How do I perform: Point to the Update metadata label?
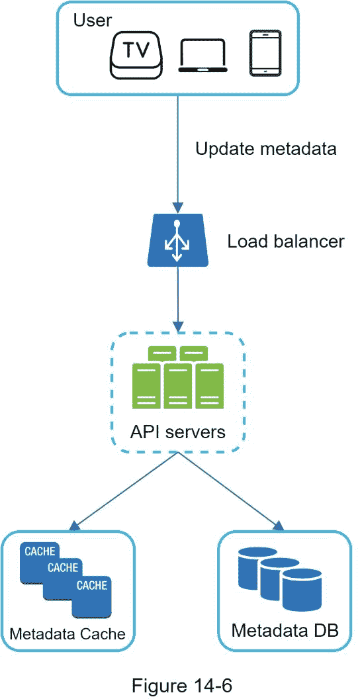[265, 148]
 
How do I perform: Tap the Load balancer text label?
[286, 242]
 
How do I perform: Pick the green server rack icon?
[178, 379]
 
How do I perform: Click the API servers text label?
[178, 432]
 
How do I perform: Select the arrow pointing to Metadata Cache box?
[126, 490]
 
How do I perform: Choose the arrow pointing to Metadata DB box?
[231, 490]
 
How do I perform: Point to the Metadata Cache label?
[67, 633]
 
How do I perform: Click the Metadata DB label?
[285, 631]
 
